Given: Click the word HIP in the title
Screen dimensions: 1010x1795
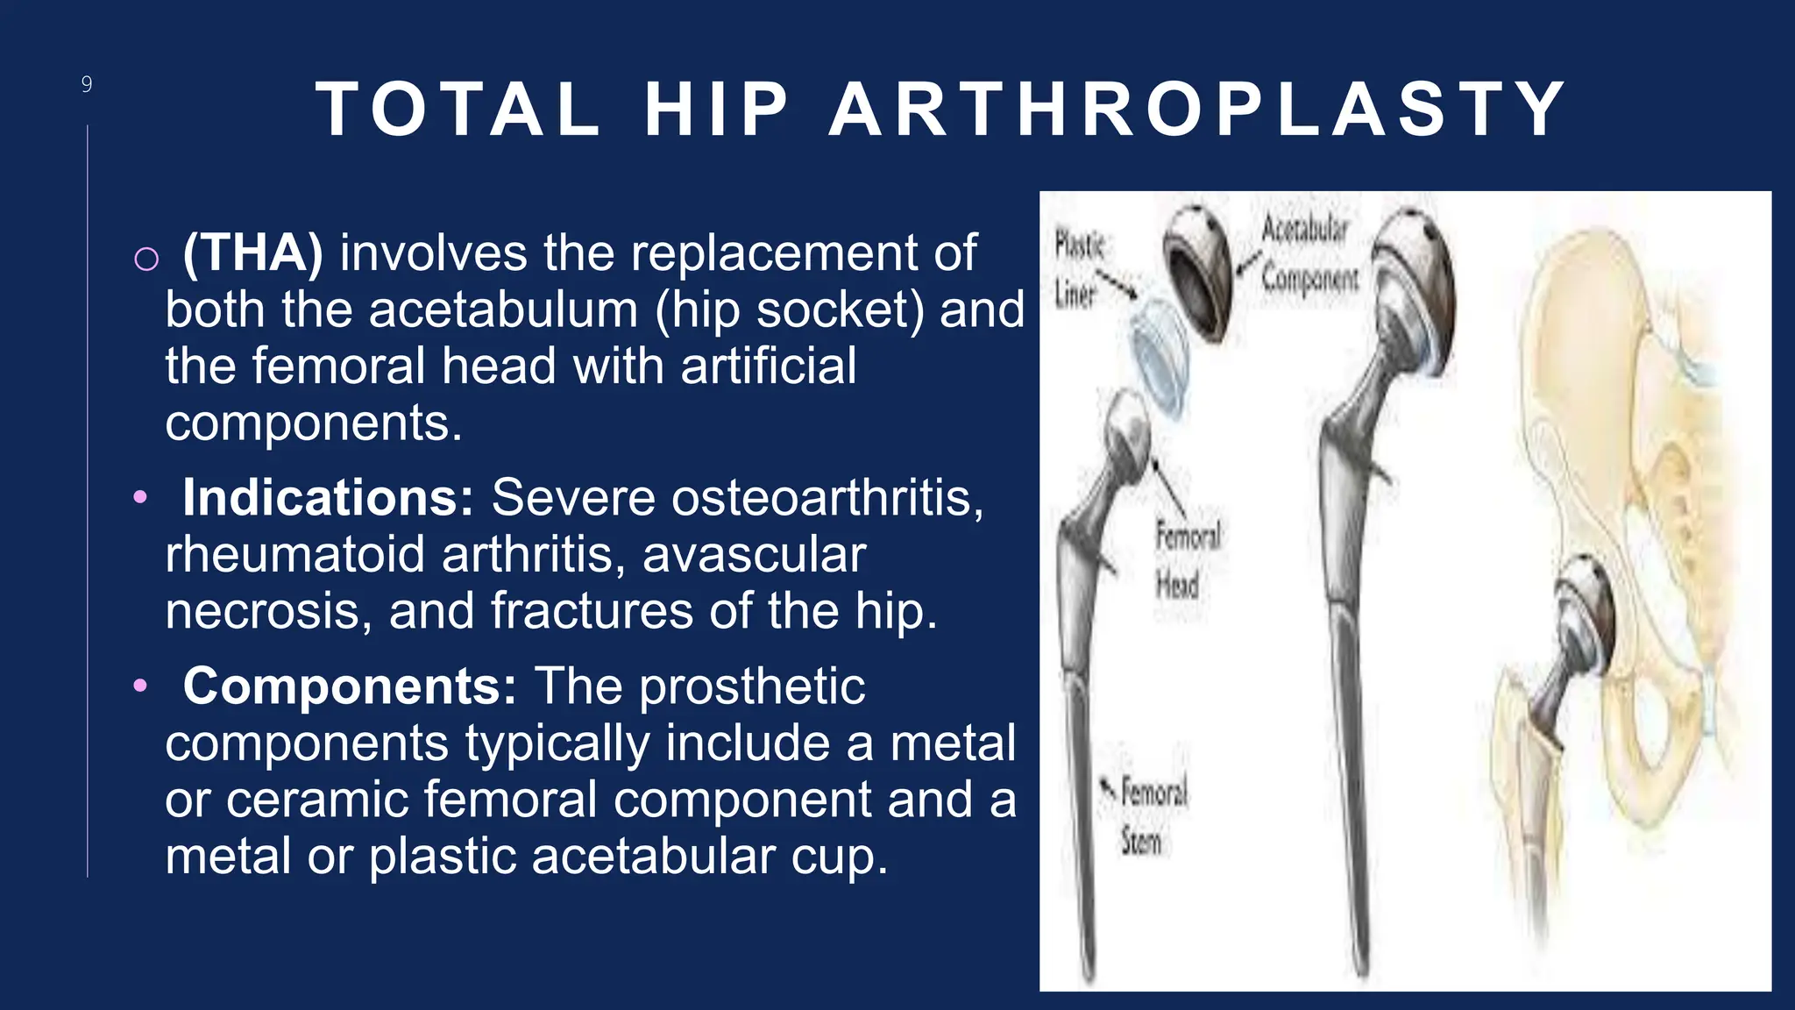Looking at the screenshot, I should coord(717,110).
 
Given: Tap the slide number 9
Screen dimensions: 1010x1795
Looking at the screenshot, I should coord(87,84).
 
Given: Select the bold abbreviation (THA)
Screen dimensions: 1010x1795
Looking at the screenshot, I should coord(252,253).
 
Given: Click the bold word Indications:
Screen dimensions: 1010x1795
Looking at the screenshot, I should coord(328,498).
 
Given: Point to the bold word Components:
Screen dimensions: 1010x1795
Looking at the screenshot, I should coord(350,686).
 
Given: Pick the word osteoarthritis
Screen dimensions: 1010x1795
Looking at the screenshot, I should coord(825,498).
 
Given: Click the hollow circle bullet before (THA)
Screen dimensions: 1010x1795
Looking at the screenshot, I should coord(146,259).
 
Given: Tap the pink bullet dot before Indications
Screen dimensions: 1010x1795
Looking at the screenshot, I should coord(140,498).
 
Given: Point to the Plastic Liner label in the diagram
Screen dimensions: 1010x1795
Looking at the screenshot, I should coord(1077,268).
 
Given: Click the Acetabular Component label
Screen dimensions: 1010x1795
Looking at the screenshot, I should coord(1308,253).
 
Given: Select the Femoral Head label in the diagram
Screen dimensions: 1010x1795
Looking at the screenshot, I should coord(1186,559).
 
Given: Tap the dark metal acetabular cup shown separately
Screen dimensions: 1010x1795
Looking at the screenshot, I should coord(1197,272).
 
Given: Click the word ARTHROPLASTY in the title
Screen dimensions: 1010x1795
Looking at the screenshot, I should coord(1197,110).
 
